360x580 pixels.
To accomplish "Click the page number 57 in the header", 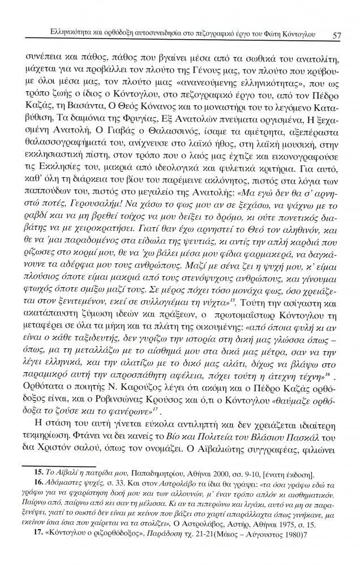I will (x=336, y=36).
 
